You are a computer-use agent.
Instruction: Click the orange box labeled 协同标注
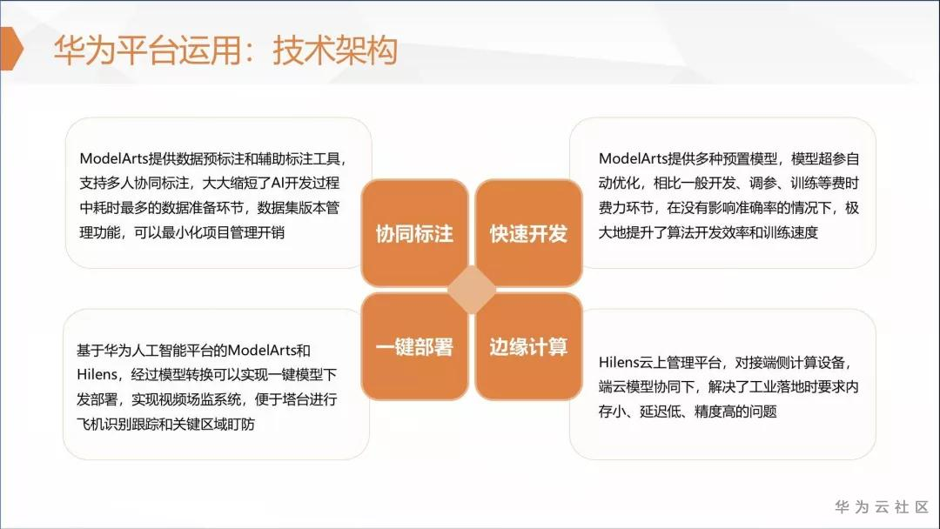[414, 233]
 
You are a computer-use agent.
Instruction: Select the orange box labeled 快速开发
[528, 233]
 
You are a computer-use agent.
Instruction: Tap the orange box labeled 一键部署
[414, 347]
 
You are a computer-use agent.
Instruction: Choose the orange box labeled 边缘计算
[528, 347]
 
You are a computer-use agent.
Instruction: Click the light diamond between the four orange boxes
[472, 290]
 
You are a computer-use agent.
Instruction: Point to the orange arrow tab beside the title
[11, 49]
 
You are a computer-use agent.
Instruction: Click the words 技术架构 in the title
[335, 49]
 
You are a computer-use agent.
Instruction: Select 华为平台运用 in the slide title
[147, 49]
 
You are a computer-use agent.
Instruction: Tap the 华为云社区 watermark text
[881, 507]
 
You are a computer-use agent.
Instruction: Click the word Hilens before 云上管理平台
[618, 363]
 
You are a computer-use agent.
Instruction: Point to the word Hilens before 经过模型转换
[97, 374]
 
